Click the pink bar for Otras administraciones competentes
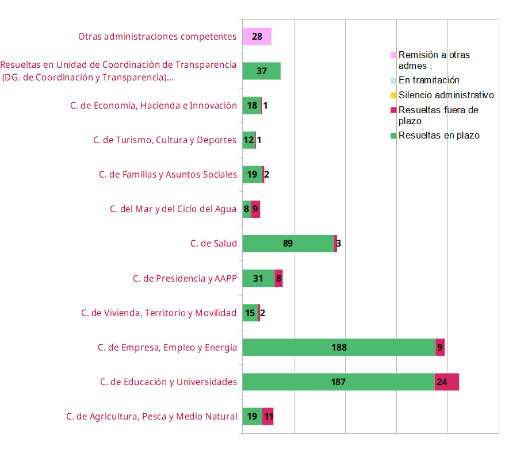click(257, 37)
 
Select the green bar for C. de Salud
click(288, 244)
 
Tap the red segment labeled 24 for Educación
click(446, 382)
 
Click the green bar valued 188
click(339, 347)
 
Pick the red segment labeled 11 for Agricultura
click(267, 416)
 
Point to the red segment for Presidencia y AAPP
click(278, 278)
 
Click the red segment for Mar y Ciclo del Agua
click(255, 209)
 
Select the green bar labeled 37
click(261, 71)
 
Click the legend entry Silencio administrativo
click(446, 95)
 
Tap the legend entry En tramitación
click(429, 80)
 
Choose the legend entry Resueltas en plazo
click(438, 136)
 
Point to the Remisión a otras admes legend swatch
click(393, 55)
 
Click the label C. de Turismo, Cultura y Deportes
click(164, 140)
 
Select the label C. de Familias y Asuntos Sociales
click(167, 174)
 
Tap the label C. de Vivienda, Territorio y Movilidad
click(159, 313)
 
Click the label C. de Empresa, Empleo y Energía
click(167, 347)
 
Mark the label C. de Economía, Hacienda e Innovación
click(154, 105)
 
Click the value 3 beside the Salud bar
click(339, 244)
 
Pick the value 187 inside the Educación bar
click(338, 382)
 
